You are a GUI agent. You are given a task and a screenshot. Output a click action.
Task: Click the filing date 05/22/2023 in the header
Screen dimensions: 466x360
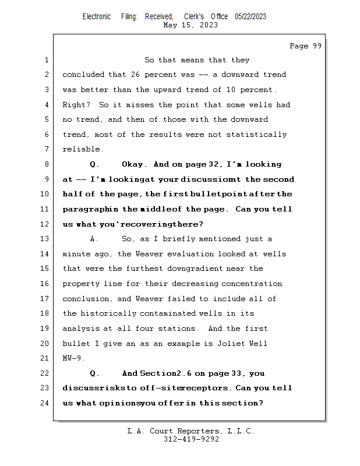(250, 16)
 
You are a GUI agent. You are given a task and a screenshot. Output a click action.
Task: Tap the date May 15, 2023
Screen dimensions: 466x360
(191, 25)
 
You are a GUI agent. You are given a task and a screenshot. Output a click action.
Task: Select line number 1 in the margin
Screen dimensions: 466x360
(46, 60)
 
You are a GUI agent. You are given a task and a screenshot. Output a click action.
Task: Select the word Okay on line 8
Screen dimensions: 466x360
(133, 165)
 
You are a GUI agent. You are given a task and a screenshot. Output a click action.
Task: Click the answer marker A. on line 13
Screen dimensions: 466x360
(94, 239)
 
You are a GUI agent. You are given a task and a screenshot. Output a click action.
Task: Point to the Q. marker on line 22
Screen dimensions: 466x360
(94, 373)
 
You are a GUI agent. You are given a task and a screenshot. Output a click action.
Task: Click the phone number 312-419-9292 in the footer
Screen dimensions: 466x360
(191, 439)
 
